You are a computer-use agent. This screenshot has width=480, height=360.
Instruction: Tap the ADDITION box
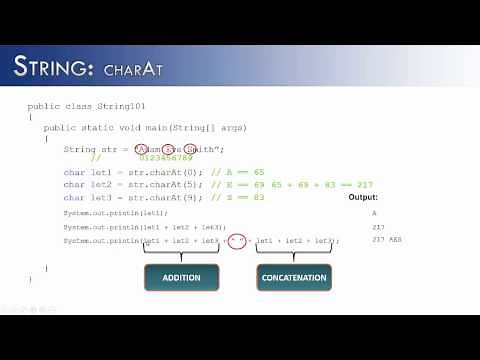click(x=181, y=277)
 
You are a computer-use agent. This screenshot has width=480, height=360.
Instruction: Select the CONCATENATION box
click(x=294, y=277)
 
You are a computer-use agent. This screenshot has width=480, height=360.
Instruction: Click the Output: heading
click(x=362, y=198)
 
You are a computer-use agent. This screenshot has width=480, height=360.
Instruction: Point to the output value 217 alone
click(x=378, y=227)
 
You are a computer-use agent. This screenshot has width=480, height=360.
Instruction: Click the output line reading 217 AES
click(x=386, y=240)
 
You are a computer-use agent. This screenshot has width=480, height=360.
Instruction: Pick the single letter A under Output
click(x=375, y=213)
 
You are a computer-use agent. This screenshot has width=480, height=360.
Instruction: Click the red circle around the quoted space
click(x=236, y=241)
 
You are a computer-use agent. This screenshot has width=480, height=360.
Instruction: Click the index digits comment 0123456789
click(x=165, y=158)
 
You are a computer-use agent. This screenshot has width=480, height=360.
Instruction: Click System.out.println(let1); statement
click(x=116, y=214)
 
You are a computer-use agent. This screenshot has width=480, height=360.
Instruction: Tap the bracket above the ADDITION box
click(x=181, y=252)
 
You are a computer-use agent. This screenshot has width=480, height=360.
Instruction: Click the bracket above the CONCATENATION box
click(x=294, y=252)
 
